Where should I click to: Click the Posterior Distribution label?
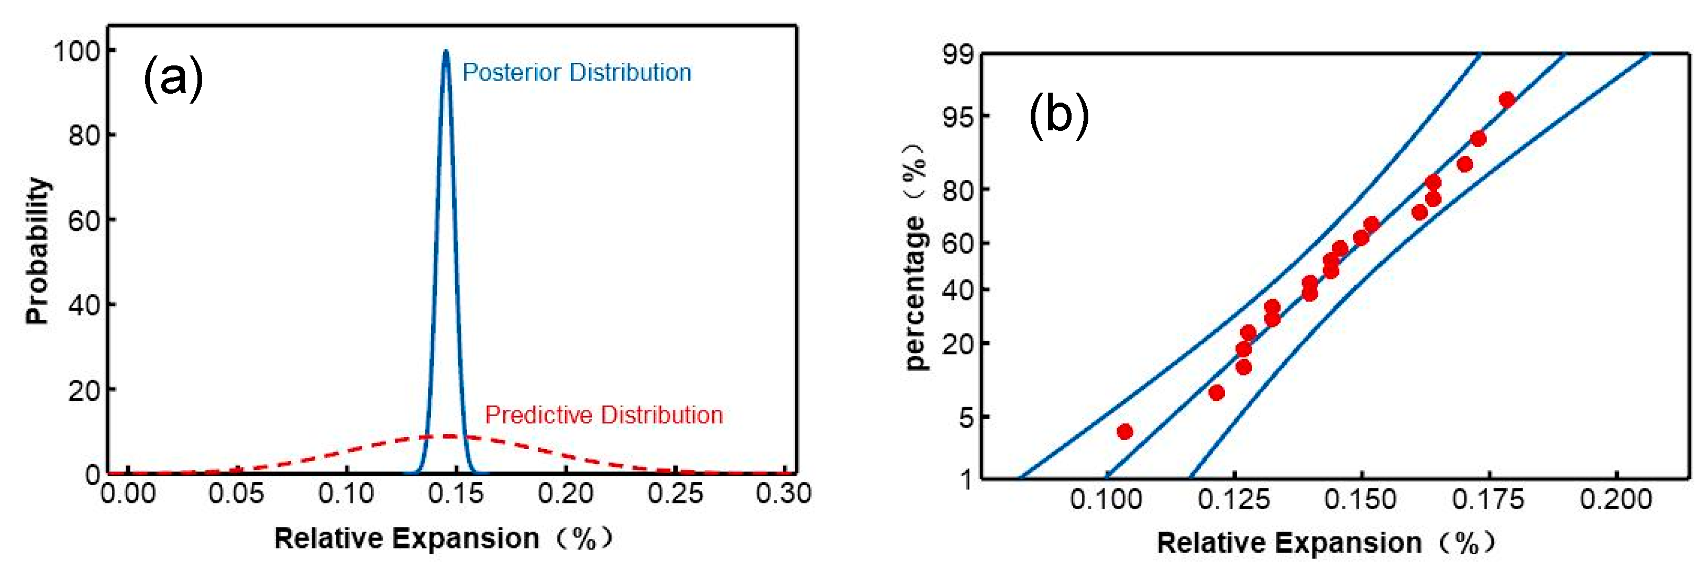click(577, 73)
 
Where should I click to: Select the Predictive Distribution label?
click(603, 415)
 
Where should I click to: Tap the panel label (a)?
click(173, 79)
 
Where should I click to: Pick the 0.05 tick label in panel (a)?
click(236, 493)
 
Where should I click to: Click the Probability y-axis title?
click(38, 251)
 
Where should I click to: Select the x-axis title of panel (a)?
click(443, 539)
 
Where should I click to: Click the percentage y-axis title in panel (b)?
click(915, 257)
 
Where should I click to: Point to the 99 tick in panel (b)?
click(958, 54)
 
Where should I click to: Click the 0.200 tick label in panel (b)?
click(1615, 499)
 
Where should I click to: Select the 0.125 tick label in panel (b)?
click(1233, 499)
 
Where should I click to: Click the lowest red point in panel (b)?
click(1125, 432)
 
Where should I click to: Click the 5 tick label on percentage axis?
click(966, 417)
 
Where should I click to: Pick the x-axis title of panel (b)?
click(1326, 543)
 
